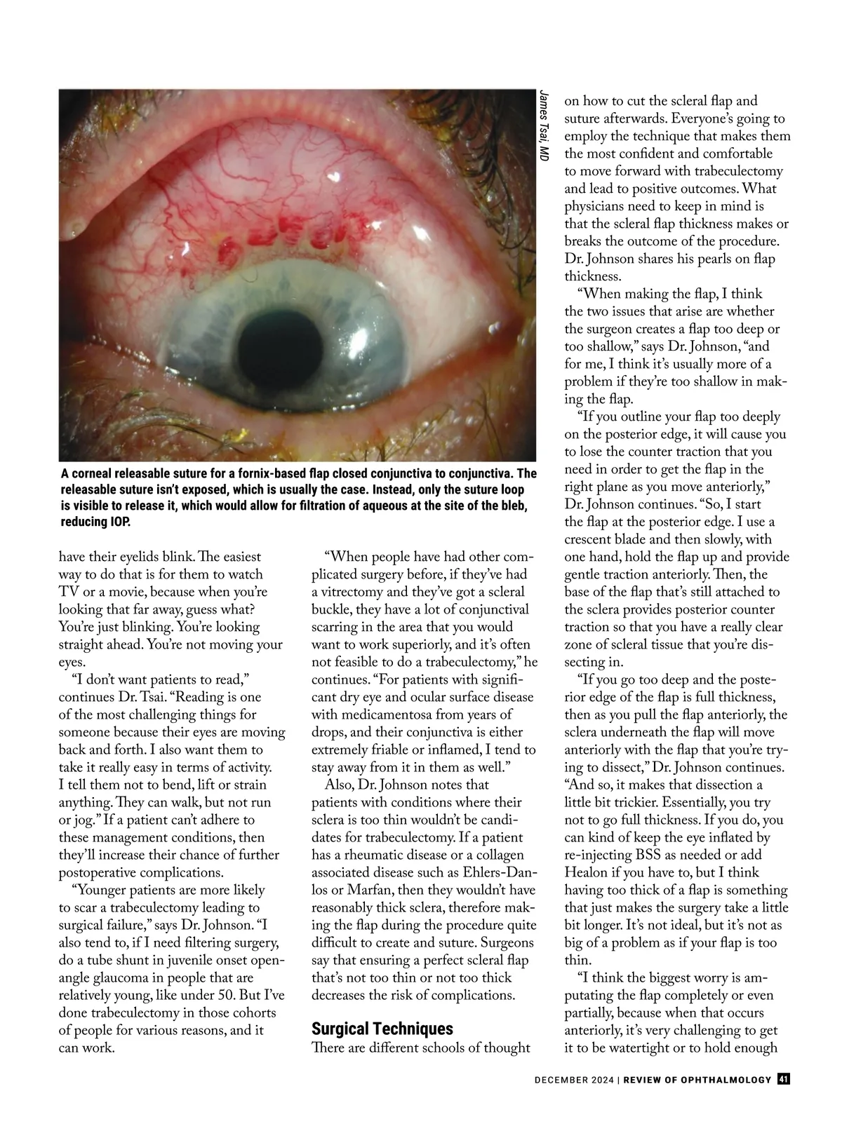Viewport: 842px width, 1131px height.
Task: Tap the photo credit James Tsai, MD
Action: pyautogui.click(x=544, y=128)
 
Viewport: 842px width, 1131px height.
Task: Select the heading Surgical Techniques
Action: pyautogui.click(x=382, y=1029)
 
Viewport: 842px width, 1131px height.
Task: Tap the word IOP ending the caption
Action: pyautogui.click(x=119, y=523)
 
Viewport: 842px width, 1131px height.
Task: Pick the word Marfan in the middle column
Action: pyautogui.click(x=352, y=890)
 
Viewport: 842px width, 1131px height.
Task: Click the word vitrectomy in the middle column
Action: pyautogui.click(x=355, y=592)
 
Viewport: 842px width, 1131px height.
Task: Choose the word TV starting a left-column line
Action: pyautogui.click(x=69, y=592)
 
